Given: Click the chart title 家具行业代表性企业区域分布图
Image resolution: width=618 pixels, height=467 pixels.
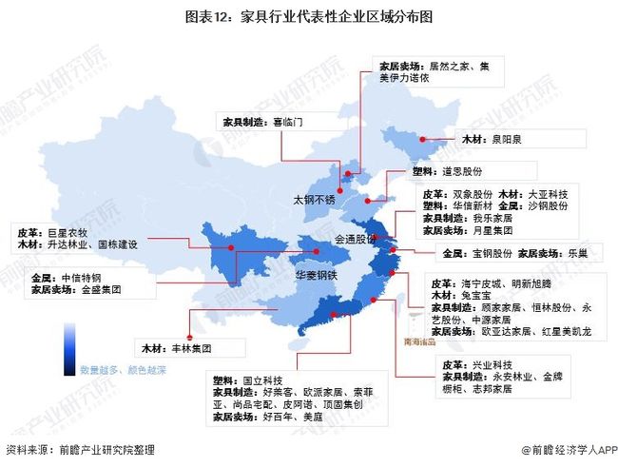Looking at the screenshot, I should click(309, 15).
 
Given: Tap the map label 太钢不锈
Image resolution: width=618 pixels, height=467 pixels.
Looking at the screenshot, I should click(314, 200).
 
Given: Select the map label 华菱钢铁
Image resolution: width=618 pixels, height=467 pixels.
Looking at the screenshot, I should click(316, 275).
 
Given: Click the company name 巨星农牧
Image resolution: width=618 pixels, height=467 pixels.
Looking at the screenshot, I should click(67, 231).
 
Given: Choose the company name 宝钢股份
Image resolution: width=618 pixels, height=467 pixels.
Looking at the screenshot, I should click(493, 254).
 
